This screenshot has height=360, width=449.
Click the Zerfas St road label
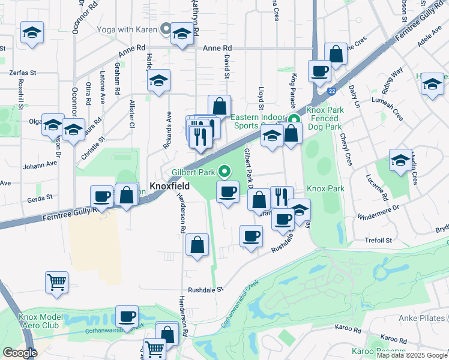coord(23,73)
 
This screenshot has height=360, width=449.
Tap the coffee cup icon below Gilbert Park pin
coord(228,192)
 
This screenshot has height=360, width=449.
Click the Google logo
coord(20,353)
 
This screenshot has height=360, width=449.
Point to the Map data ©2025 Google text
coord(412,355)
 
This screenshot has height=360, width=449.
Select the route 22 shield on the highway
coord(331,91)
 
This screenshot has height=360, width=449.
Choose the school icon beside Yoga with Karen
coord(181,35)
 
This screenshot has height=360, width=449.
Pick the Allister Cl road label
coord(131,113)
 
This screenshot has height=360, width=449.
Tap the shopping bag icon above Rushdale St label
coord(197,245)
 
